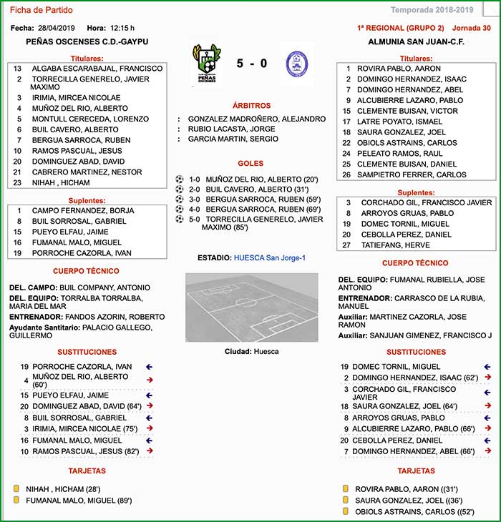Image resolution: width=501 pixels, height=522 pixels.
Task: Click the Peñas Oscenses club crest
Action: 205,64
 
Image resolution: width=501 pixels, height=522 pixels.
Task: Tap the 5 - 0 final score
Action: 252,63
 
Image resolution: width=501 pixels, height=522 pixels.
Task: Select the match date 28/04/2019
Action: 57,28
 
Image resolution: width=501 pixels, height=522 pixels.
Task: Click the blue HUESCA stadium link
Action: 270,257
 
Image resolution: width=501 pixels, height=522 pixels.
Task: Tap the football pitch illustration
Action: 251,307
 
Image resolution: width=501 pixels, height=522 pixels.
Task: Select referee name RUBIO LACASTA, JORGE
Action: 231,129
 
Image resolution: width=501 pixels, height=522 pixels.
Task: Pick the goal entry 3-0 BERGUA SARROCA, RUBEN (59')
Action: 253,200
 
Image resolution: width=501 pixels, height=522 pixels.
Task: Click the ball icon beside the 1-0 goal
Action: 180,179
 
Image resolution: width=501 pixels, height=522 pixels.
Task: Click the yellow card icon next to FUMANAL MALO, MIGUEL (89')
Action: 16,501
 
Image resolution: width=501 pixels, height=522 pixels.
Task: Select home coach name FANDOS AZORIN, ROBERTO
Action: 115,317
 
